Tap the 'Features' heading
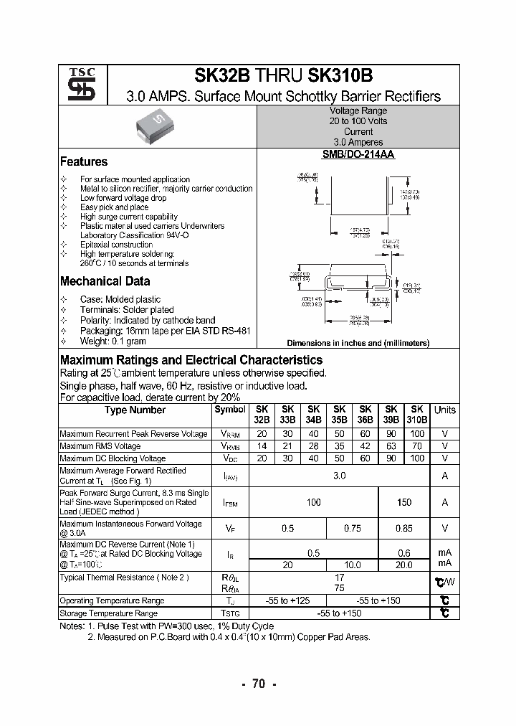[x=84, y=162]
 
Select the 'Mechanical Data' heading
[x=105, y=281]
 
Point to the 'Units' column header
[x=444, y=410]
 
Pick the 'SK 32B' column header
[x=262, y=415]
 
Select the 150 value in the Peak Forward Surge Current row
[x=403, y=502]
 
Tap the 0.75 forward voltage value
[x=352, y=529]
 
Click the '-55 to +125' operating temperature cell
[x=287, y=600]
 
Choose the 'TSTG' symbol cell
[x=230, y=613]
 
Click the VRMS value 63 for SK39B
[x=391, y=446]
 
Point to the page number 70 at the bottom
[x=258, y=684]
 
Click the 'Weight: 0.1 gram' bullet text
[x=113, y=341]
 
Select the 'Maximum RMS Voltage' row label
[x=100, y=446]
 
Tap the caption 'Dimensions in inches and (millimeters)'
[x=358, y=343]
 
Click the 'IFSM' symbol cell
[x=230, y=503]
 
